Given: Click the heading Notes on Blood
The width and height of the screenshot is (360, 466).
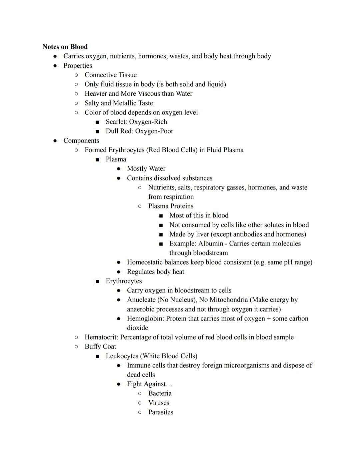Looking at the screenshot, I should pyautogui.click(x=65, y=47).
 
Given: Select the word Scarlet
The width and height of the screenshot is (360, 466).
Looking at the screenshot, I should pyautogui.click(x=116, y=122).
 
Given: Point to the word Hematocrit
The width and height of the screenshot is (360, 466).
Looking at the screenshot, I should pyautogui.click(x=101, y=337).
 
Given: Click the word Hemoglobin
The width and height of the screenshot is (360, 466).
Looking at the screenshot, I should pyautogui.click(x=145, y=319).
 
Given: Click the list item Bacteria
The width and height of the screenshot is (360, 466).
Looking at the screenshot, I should pyautogui.click(x=160, y=393).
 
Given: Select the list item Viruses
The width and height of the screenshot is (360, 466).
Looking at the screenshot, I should pyautogui.click(x=159, y=403).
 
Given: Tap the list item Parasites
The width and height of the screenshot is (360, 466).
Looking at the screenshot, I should pyautogui.click(x=161, y=412).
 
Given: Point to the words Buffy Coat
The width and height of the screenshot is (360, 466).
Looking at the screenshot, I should pyautogui.click(x=100, y=347).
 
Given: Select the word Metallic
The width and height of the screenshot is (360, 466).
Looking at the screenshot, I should pyautogui.click(x=126, y=103).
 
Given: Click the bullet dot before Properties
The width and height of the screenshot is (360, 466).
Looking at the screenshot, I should pyautogui.click(x=55, y=66).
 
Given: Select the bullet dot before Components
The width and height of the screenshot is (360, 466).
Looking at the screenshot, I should pyautogui.click(x=55, y=141).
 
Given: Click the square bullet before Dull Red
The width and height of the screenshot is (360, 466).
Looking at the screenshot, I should pyautogui.click(x=97, y=131).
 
